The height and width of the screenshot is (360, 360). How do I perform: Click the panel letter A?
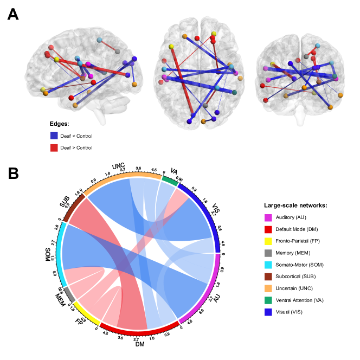click(x=13, y=14)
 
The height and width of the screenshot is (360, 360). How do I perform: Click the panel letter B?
click(x=13, y=173)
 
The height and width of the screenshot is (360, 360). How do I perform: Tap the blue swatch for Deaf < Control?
click(x=54, y=136)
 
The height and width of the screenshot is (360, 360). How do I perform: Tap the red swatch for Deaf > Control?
click(x=54, y=147)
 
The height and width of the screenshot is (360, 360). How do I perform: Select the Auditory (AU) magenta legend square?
click(x=268, y=217)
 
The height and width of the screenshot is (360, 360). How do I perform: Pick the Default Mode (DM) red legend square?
click(x=268, y=229)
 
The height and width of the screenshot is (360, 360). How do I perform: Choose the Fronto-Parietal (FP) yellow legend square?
click(x=268, y=241)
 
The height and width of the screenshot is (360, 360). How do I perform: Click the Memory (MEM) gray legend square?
click(x=268, y=253)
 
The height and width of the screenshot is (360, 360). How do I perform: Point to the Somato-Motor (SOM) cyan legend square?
click(x=268, y=265)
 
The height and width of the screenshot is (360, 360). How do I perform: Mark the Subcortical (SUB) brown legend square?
click(x=268, y=277)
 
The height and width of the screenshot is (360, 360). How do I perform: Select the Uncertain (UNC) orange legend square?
click(x=268, y=288)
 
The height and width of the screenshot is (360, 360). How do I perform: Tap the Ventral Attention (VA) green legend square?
click(x=268, y=300)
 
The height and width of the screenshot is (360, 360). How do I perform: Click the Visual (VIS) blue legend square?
click(x=268, y=312)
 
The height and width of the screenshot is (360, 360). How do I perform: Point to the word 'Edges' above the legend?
click(x=59, y=124)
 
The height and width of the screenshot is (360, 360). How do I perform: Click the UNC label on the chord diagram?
click(x=119, y=166)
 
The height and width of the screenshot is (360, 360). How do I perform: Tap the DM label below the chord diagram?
click(x=140, y=344)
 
